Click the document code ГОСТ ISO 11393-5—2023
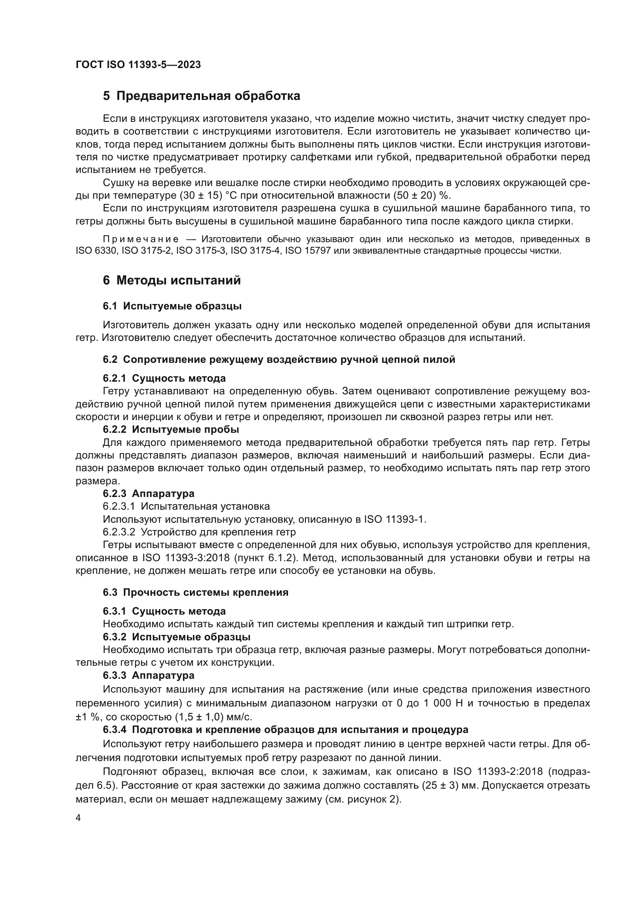tap(138, 65)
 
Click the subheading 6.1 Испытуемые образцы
tap(172, 306)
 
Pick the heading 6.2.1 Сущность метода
tap(164, 378)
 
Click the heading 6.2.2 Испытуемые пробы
tap(171, 430)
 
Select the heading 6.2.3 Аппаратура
tap(148, 494)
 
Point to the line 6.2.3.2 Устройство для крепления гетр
tap(199, 532)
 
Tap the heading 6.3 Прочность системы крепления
tap(195, 592)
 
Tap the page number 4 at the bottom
tap(78, 819)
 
